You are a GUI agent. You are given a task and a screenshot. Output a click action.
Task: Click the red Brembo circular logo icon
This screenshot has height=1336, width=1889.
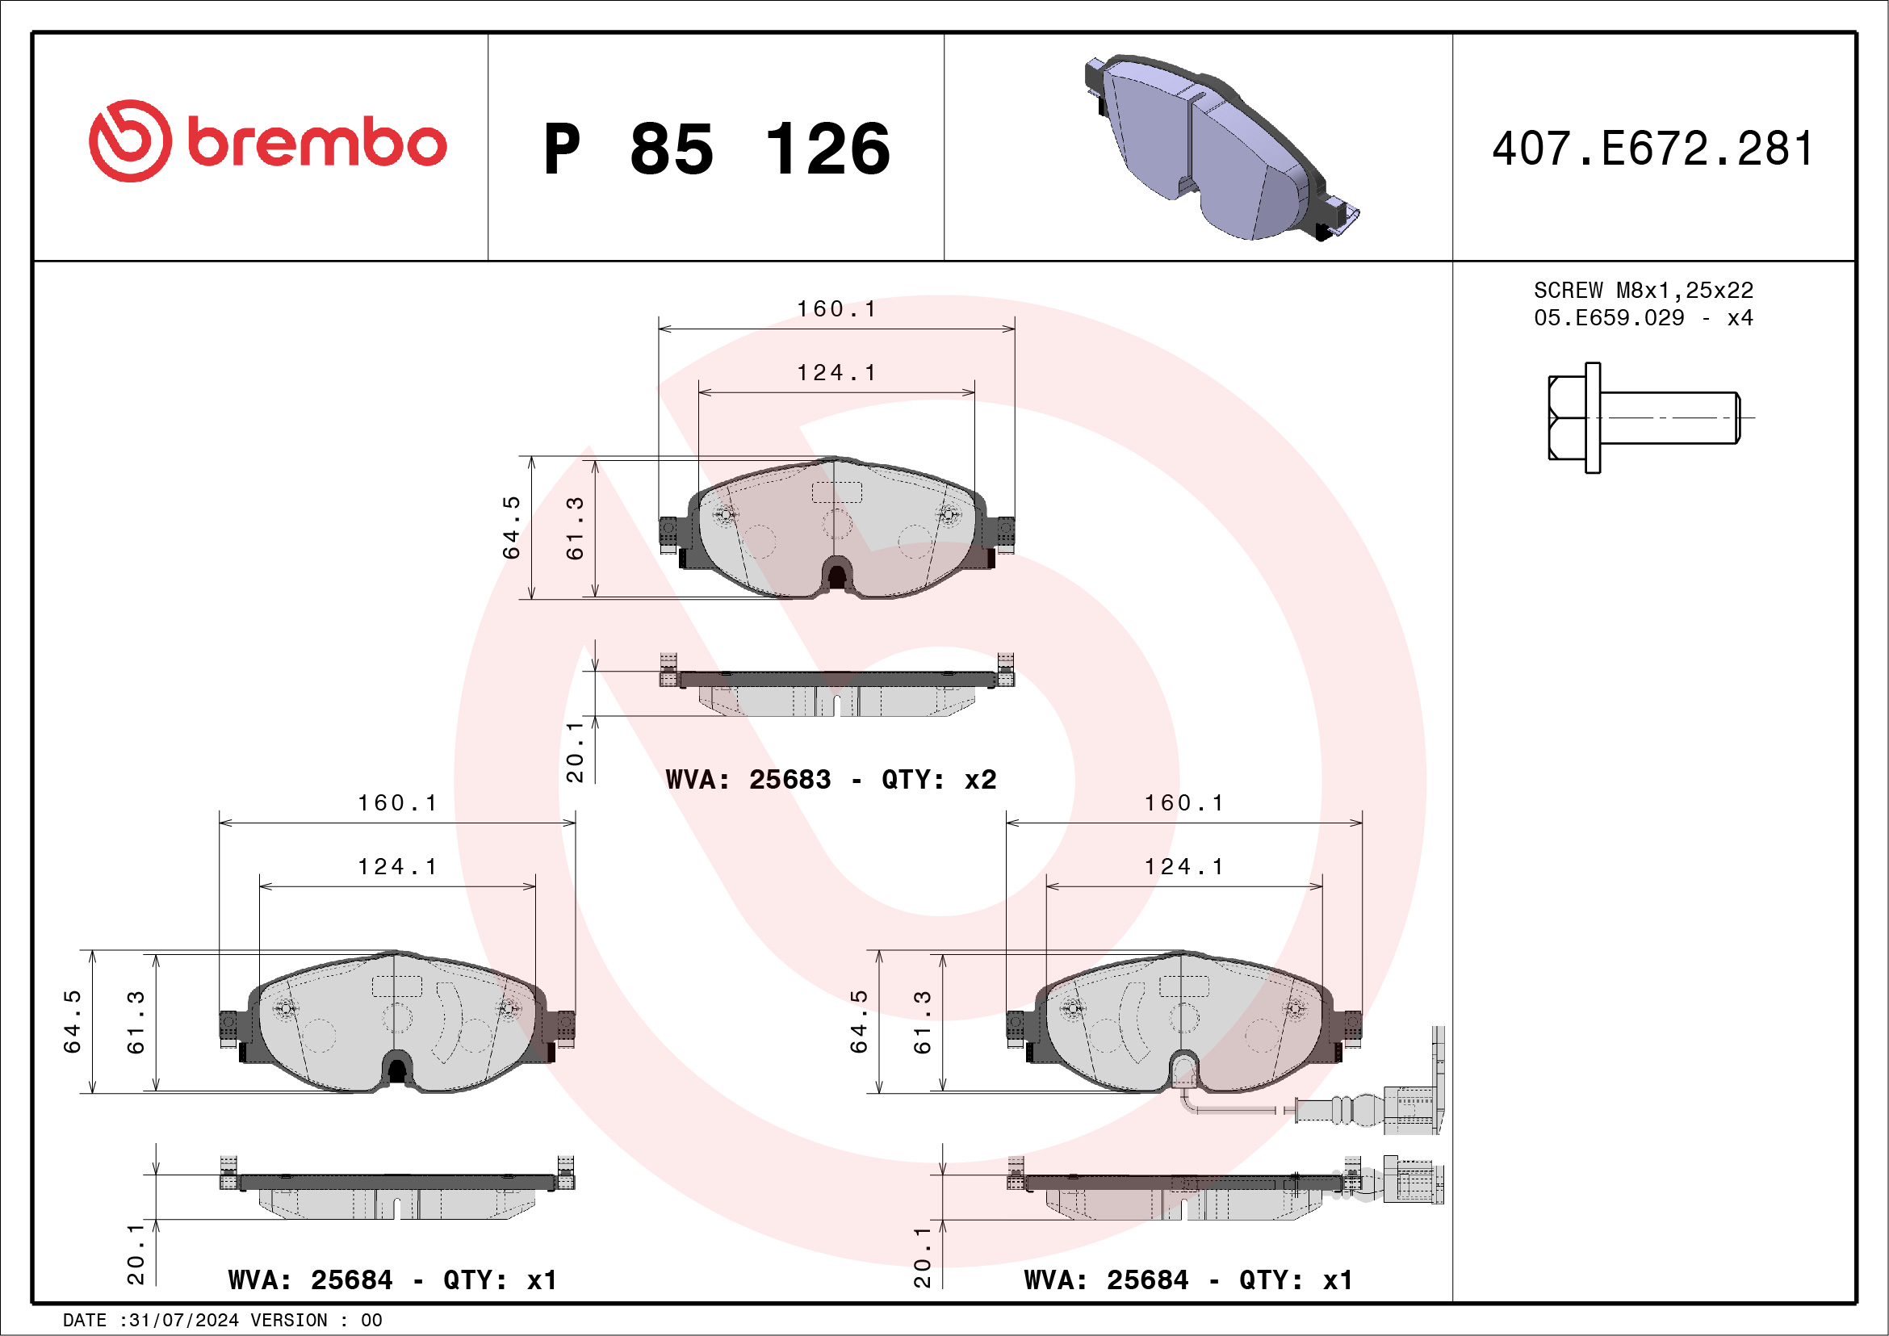(130, 141)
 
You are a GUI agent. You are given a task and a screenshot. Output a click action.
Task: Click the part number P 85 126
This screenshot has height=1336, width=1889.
(716, 149)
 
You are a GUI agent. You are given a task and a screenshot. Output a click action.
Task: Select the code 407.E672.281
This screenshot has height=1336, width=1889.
(1652, 149)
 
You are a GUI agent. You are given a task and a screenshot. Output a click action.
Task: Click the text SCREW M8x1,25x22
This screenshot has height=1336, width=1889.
(1643, 291)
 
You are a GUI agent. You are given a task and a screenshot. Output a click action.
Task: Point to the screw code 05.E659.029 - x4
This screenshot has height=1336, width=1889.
(1643, 318)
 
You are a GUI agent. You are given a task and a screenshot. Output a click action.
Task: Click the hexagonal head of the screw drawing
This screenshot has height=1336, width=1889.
(1566, 418)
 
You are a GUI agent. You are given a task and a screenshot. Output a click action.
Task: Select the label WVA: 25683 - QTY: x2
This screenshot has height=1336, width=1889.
(831, 779)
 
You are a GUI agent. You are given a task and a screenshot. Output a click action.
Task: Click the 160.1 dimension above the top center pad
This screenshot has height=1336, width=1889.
(836, 309)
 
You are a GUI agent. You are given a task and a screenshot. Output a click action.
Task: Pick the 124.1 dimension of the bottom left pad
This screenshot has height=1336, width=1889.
(397, 867)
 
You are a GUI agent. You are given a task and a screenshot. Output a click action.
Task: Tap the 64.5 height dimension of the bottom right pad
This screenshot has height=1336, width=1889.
(858, 1021)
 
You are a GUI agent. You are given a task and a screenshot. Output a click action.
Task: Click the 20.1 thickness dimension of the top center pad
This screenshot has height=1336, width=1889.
(575, 751)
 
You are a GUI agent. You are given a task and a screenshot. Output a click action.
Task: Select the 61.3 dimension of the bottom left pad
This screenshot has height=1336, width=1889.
(136, 1022)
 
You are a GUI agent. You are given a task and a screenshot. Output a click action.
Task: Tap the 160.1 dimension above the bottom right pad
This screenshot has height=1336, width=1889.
(1184, 803)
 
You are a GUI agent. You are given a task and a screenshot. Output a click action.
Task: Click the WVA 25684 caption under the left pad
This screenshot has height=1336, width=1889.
(392, 1280)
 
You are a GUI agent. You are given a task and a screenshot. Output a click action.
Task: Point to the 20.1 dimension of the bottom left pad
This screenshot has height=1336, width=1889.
(136, 1254)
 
